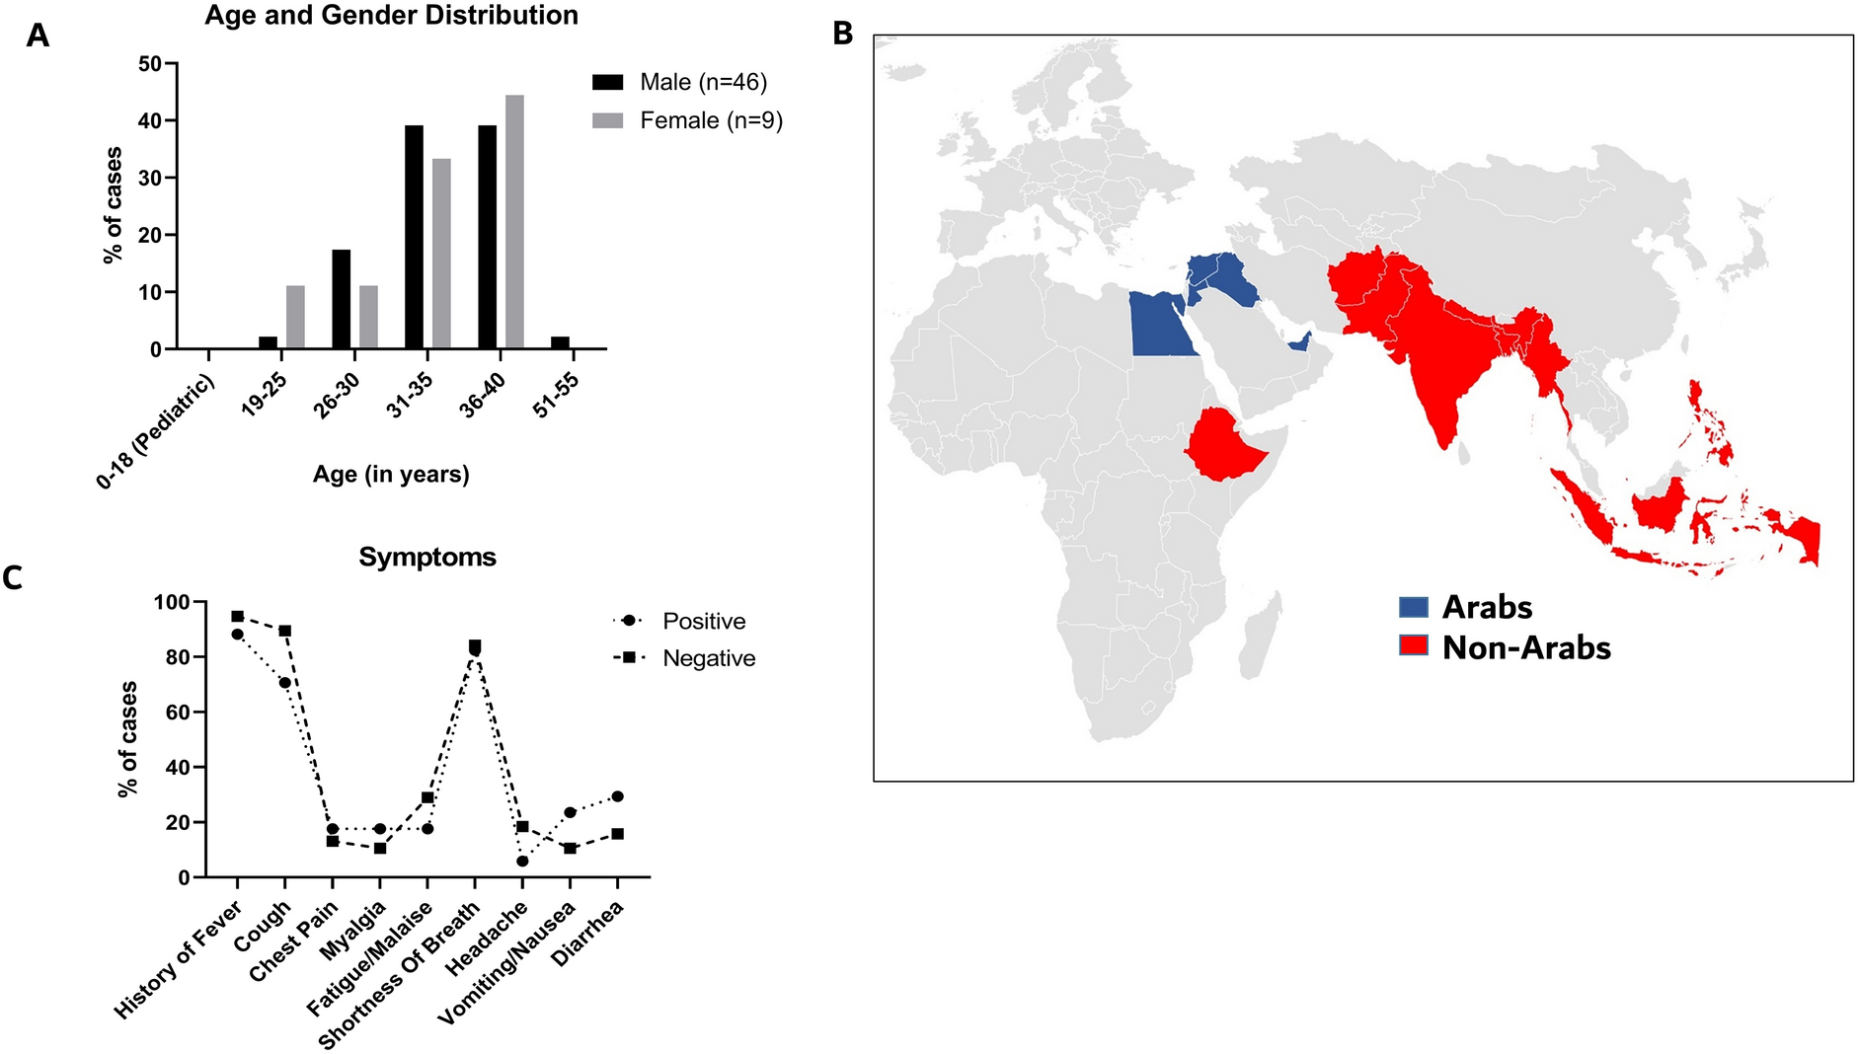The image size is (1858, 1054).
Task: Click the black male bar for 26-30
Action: pyautogui.click(x=342, y=299)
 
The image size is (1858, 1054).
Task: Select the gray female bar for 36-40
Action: pyautogui.click(x=514, y=222)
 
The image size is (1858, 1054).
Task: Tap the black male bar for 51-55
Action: pyautogui.click(x=560, y=342)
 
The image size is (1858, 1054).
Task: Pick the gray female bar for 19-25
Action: pyautogui.click(x=295, y=317)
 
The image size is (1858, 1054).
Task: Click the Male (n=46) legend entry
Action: pyautogui.click(x=679, y=82)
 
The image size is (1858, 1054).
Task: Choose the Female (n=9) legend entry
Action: pyautogui.click(x=687, y=120)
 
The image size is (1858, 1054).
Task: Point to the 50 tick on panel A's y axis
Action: pyautogui.click(x=151, y=64)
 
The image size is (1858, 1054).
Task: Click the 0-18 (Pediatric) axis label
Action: pyautogui.click(x=156, y=432)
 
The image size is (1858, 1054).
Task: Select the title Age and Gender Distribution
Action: pyautogui.click(x=391, y=16)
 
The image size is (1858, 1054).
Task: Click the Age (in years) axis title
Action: pyautogui.click(x=391, y=475)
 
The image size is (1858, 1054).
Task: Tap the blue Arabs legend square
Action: pyautogui.click(x=1414, y=607)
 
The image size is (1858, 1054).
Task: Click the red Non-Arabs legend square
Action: pyautogui.click(x=1414, y=646)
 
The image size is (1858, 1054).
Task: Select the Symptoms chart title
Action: pyautogui.click(x=426, y=558)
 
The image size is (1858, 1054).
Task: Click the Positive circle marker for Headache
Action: pyautogui.click(x=522, y=862)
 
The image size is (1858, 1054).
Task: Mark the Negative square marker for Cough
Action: pyautogui.click(x=285, y=631)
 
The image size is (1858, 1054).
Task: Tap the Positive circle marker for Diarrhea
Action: pyautogui.click(x=617, y=796)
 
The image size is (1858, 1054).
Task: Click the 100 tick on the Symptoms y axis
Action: pyautogui.click(x=172, y=602)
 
